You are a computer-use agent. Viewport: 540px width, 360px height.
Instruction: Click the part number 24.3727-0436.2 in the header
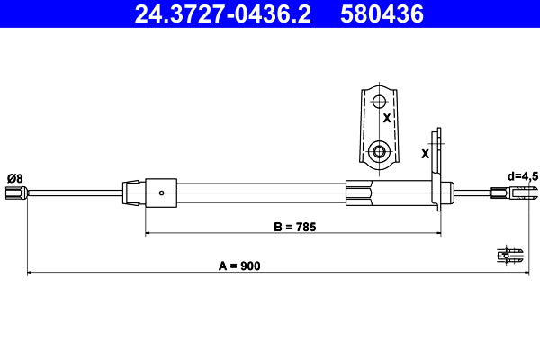point(224,13)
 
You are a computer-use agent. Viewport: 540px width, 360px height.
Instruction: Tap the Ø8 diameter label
point(14,177)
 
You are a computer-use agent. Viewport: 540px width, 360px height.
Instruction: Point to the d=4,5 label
point(522,176)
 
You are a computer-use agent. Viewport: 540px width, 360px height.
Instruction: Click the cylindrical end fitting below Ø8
point(14,192)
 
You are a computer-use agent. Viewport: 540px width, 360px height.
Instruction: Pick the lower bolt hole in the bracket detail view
point(379,151)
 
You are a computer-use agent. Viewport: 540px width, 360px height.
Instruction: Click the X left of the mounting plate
point(426,153)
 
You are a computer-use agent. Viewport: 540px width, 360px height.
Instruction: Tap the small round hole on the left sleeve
point(161,192)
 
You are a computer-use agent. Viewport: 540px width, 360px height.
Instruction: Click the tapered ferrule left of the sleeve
point(132,191)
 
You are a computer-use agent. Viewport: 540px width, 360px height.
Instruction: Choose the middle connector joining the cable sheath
point(358,191)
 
